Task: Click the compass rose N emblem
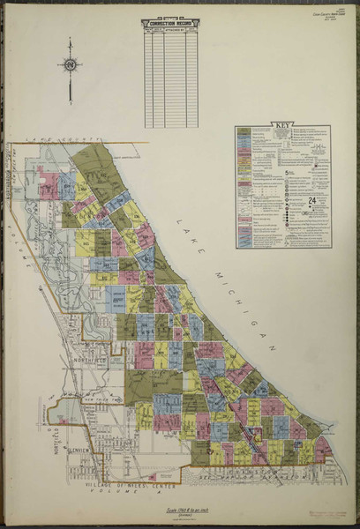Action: click(70, 64)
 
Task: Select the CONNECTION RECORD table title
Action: click(169, 24)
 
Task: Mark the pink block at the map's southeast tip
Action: click(324, 448)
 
